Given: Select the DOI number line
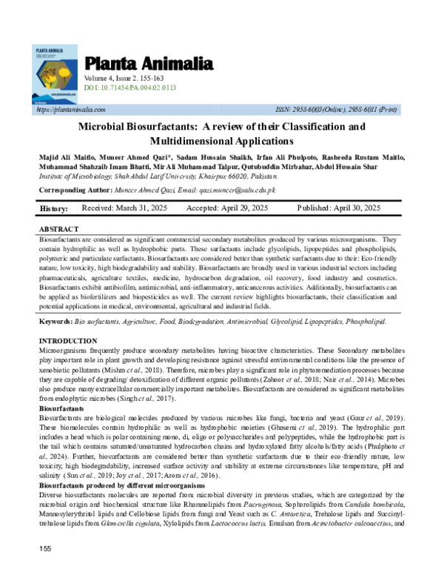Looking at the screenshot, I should pos(130,87).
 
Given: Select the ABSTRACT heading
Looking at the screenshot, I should pos(59,230).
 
